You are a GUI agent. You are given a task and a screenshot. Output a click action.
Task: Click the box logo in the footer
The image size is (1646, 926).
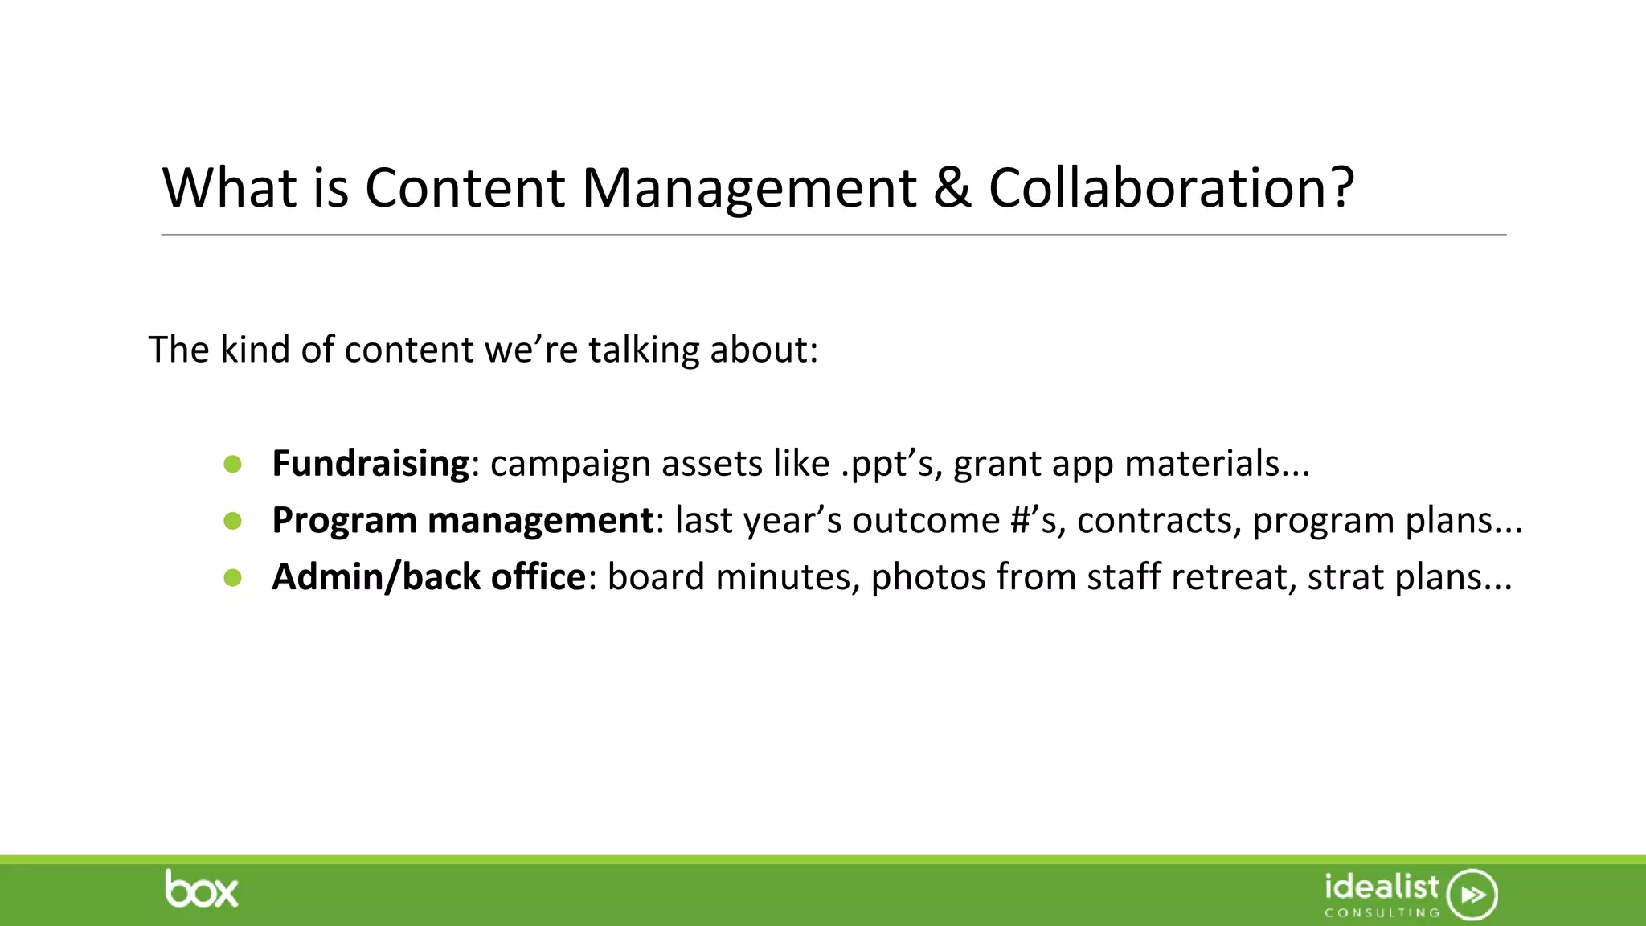tap(201, 890)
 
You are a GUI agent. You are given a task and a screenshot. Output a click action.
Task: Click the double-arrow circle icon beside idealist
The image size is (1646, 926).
tap(1472, 894)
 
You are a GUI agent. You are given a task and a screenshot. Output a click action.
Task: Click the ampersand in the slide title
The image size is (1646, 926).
tap(952, 188)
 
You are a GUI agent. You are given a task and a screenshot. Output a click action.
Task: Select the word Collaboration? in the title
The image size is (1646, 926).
tap(1171, 188)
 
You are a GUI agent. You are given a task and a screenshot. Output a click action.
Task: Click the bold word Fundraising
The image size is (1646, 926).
tap(371, 464)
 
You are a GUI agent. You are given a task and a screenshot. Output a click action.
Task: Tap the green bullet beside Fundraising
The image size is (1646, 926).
tap(233, 464)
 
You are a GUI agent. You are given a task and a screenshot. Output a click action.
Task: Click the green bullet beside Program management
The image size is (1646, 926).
tap(233, 521)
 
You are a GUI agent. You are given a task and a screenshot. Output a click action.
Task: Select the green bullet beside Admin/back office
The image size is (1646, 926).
tap(233, 577)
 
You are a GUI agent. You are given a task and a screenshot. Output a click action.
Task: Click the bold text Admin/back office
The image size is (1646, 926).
tap(429, 577)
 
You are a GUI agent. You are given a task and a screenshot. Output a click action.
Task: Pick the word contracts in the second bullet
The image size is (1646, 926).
tap(1154, 521)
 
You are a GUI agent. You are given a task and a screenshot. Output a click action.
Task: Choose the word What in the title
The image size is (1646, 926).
tap(230, 188)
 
